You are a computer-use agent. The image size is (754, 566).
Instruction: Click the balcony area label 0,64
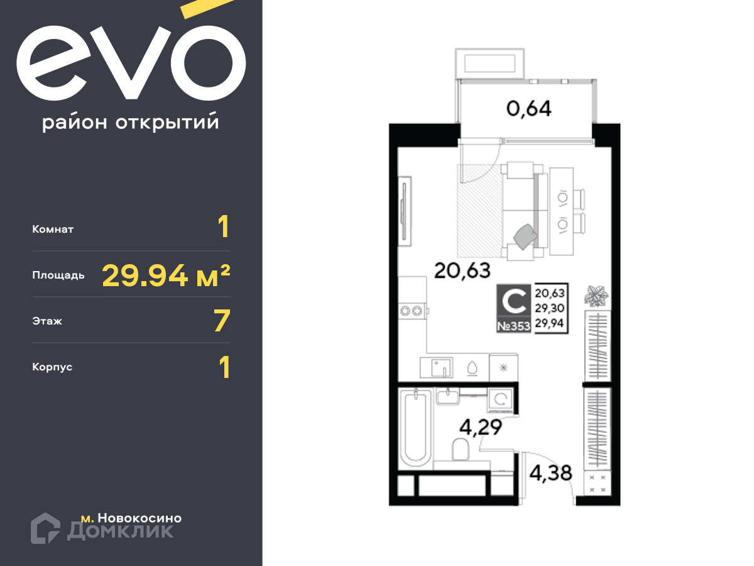pyautogui.click(x=528, y=109)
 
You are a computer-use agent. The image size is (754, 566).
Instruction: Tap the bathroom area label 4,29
pyautogui.click(x=481, y=428)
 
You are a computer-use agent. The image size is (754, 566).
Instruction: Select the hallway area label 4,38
pyautogui.click(x=550, y=473)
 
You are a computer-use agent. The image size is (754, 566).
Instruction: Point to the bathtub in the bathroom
pyautogui.click(x=415, y=427)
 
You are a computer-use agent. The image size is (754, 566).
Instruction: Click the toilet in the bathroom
pyautogui.click(x=461, y=449)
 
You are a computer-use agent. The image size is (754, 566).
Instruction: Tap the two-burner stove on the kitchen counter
pyautogui.click(x=412, y=311)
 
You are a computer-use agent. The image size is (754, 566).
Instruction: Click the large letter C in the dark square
pyautogui.click(x=514, y=301)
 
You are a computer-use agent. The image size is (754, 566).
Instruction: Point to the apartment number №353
pyautogui.click(x=514, y=326)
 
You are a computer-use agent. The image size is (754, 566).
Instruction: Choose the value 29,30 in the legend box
pyautogui.click(x=550, y=308)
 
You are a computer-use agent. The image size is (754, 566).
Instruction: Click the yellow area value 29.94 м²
pyautogui.click(x=166, y=275)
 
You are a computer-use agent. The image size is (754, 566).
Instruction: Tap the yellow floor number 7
pyautogui.click(x=222, y=321)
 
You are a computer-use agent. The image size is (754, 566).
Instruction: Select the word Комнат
pyautogui.click(x=53, y=229)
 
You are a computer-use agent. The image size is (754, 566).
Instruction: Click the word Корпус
pyautogui.click(x=52, y=367)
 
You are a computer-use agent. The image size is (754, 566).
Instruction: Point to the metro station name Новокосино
pyautogui.click(x=140, y=518)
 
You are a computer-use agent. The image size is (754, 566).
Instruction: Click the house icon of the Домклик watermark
pyautogui.click(x=45, y=528)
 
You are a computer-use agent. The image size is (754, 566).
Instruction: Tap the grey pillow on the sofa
pyautogui.click(x=525, y=236)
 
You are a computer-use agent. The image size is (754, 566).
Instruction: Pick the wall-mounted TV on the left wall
pyautogui.click(x=405, y=211)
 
